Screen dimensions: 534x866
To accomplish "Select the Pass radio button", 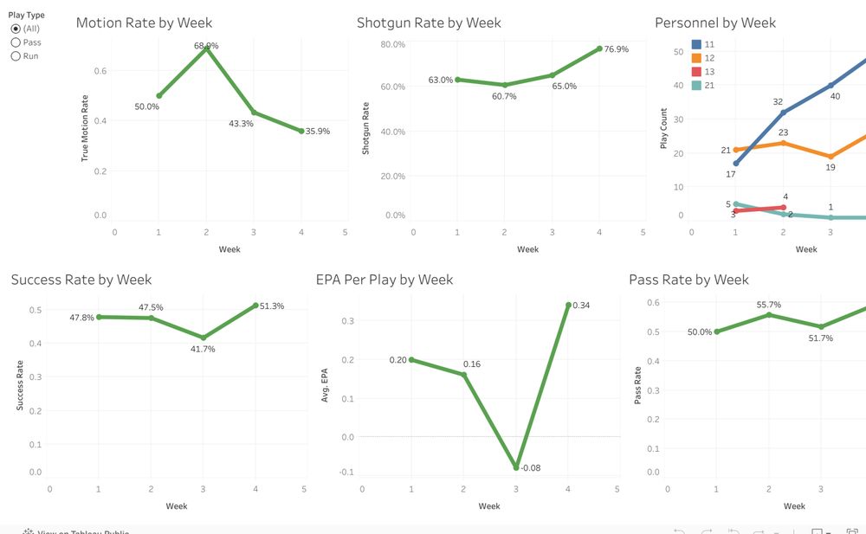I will click(16, 42).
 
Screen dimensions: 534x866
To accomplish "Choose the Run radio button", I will click(16, 56).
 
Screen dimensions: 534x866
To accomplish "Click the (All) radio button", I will click(16, 29).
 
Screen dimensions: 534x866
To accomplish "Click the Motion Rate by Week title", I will click(144, 23).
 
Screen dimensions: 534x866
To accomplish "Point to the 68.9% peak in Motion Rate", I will click(206, 48).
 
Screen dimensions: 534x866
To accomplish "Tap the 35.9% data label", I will click(316, 132).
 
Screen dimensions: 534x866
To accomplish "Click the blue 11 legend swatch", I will click(697, 43).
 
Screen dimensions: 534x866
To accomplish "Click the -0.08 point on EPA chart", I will click(516, 467).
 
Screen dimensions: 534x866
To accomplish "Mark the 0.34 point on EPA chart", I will click(568, 305).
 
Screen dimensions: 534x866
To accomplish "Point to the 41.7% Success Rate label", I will click(203, 349).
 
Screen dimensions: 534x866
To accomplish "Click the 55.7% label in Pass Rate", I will click(769, 305).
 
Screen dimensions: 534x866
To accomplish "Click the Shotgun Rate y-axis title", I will click(365, 129).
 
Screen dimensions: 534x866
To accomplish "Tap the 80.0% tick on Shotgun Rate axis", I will click(393, 44).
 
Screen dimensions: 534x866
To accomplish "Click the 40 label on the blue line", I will click(835, 96).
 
